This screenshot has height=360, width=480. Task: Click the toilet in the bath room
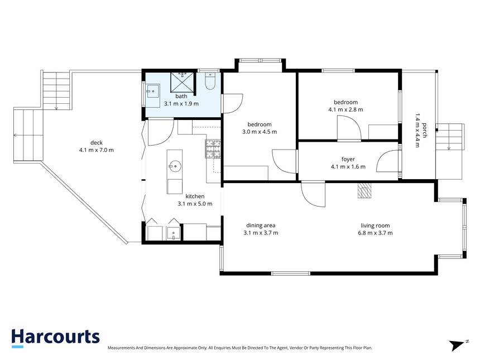tap(210, 80)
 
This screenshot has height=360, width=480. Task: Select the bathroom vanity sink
tap(152, 91)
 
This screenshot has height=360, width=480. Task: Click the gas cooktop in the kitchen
tap(213, 149)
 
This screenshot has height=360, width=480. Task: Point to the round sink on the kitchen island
tap(175, 166)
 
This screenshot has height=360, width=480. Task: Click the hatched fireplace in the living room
tap(364, 190)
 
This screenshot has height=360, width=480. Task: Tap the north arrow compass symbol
tap(458, 345)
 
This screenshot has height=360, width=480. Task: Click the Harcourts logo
tap(55, 338)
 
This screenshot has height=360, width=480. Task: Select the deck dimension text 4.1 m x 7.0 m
tap(97, 150)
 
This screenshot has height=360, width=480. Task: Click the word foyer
tap(348, 159)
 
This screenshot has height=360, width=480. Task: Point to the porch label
tap(425, 131)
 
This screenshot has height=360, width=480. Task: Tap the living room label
tap(375, 225)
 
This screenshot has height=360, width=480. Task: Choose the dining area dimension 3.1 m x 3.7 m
tap(261, 233)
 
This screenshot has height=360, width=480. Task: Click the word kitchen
tap(195, 196)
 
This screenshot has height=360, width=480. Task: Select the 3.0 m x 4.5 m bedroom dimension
tap(260, 132)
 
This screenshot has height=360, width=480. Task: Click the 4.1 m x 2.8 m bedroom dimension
tap(346, 109)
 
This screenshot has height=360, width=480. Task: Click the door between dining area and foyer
tap(313, 194)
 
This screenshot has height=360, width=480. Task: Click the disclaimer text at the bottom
tap(240, 348)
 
